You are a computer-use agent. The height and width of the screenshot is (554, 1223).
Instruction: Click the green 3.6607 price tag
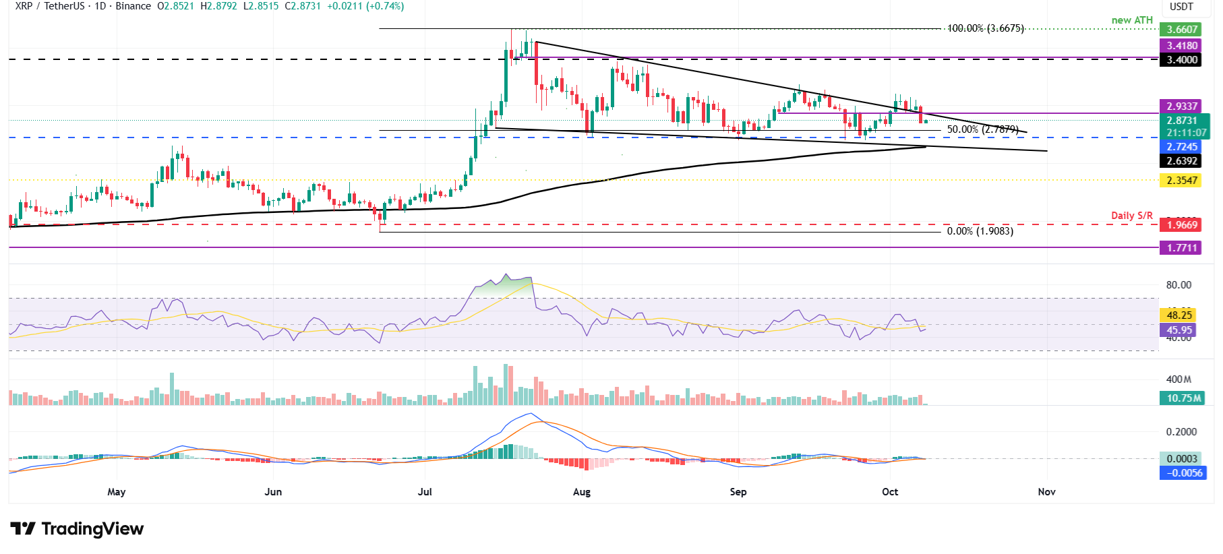point(1182,29)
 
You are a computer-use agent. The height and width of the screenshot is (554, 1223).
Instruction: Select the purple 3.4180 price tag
point(1182,45)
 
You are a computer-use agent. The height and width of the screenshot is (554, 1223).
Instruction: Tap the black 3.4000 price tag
point(1182,59)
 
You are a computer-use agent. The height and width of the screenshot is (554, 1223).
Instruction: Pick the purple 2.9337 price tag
point(1182,106)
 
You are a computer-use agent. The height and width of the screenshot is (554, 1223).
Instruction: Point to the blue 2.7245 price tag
point(1182,146)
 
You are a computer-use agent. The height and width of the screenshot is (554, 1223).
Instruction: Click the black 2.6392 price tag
point(1182,160)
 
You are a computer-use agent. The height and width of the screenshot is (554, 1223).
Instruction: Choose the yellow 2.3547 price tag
point(1182,180)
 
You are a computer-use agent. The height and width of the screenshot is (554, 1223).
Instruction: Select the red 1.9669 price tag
point(1182,224)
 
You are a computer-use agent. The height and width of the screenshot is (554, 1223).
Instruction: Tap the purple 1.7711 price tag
point(1182,247)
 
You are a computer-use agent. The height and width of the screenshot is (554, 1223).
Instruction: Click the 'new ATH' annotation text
point(1132,20)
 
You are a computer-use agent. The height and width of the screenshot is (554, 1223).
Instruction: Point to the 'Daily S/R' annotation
point(1131,216)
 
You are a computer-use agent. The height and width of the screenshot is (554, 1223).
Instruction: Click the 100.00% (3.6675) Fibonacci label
point(985,28)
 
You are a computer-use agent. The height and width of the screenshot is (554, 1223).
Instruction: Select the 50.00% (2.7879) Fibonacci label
point(982,129)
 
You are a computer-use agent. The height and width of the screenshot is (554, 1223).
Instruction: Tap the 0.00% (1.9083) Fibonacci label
point(980,231)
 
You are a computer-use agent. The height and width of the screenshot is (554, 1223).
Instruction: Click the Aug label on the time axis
point(581,491)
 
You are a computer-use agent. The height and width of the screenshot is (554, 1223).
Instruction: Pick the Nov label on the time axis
point(1046,491)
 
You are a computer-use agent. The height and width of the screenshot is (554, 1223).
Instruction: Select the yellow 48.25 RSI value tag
point(1179,315)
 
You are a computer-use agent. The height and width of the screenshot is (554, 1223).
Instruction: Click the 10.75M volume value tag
point(1184,398)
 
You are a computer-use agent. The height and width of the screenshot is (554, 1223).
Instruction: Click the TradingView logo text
point(78,528)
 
